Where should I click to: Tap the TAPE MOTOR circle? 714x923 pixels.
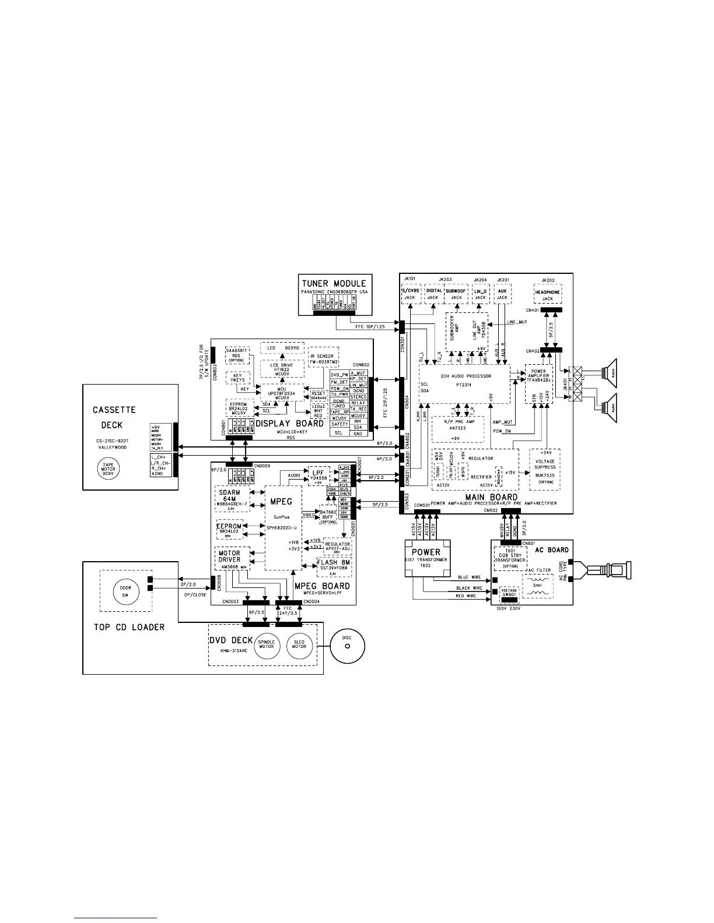pos(108,468)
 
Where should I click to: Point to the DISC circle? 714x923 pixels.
pos(347,646)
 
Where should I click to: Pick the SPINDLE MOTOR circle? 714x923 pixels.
pos(266,644)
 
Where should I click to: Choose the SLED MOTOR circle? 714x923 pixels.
pos(299,644)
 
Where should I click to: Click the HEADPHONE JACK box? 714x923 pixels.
pos(547,295)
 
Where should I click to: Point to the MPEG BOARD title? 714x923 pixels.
pos(322,586)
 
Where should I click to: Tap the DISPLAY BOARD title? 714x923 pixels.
pos(289,424)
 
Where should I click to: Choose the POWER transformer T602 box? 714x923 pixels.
pos(426,558)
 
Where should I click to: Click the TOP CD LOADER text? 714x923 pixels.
pos(129,627)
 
